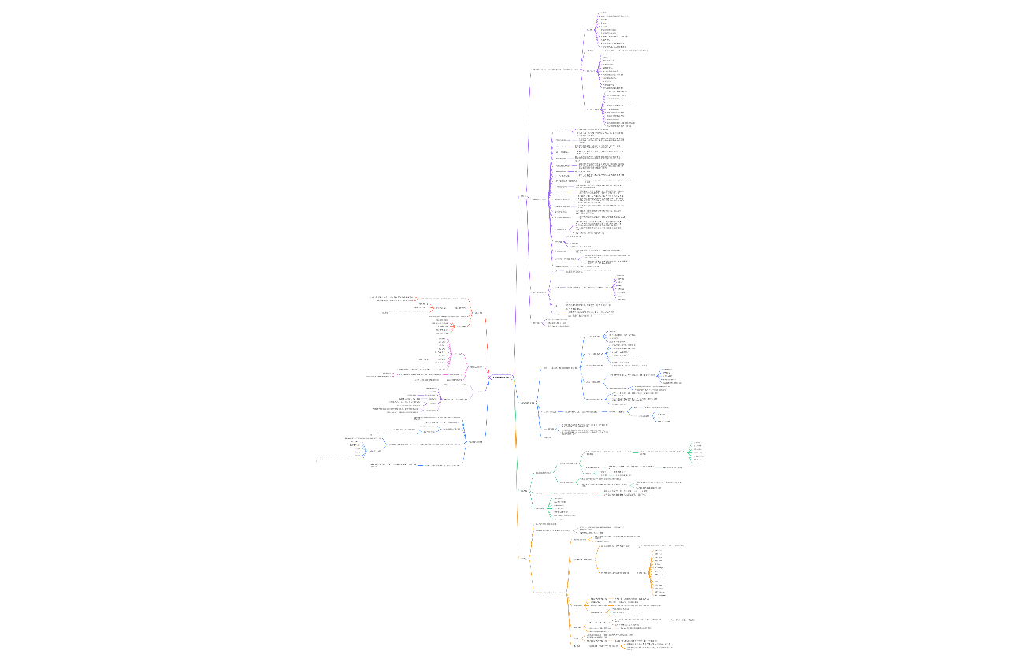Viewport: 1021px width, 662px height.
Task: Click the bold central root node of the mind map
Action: pos(501,378)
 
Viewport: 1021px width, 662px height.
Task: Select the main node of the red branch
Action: pos(477,313)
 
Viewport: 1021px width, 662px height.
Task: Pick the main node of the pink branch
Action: pos(477,367)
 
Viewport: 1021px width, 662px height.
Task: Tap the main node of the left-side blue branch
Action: pos(477,442)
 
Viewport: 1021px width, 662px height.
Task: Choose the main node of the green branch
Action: pos(524,491)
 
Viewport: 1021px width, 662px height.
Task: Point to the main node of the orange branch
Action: pos(523,559)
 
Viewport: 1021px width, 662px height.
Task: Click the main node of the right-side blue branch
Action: pos(527,403)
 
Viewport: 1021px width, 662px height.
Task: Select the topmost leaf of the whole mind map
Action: pos(603,13)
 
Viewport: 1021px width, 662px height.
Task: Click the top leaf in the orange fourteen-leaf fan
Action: pos(658,551)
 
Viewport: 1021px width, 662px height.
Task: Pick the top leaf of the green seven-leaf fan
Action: pos(696,443)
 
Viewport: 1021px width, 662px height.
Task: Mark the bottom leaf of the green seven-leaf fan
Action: pos(696,463)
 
